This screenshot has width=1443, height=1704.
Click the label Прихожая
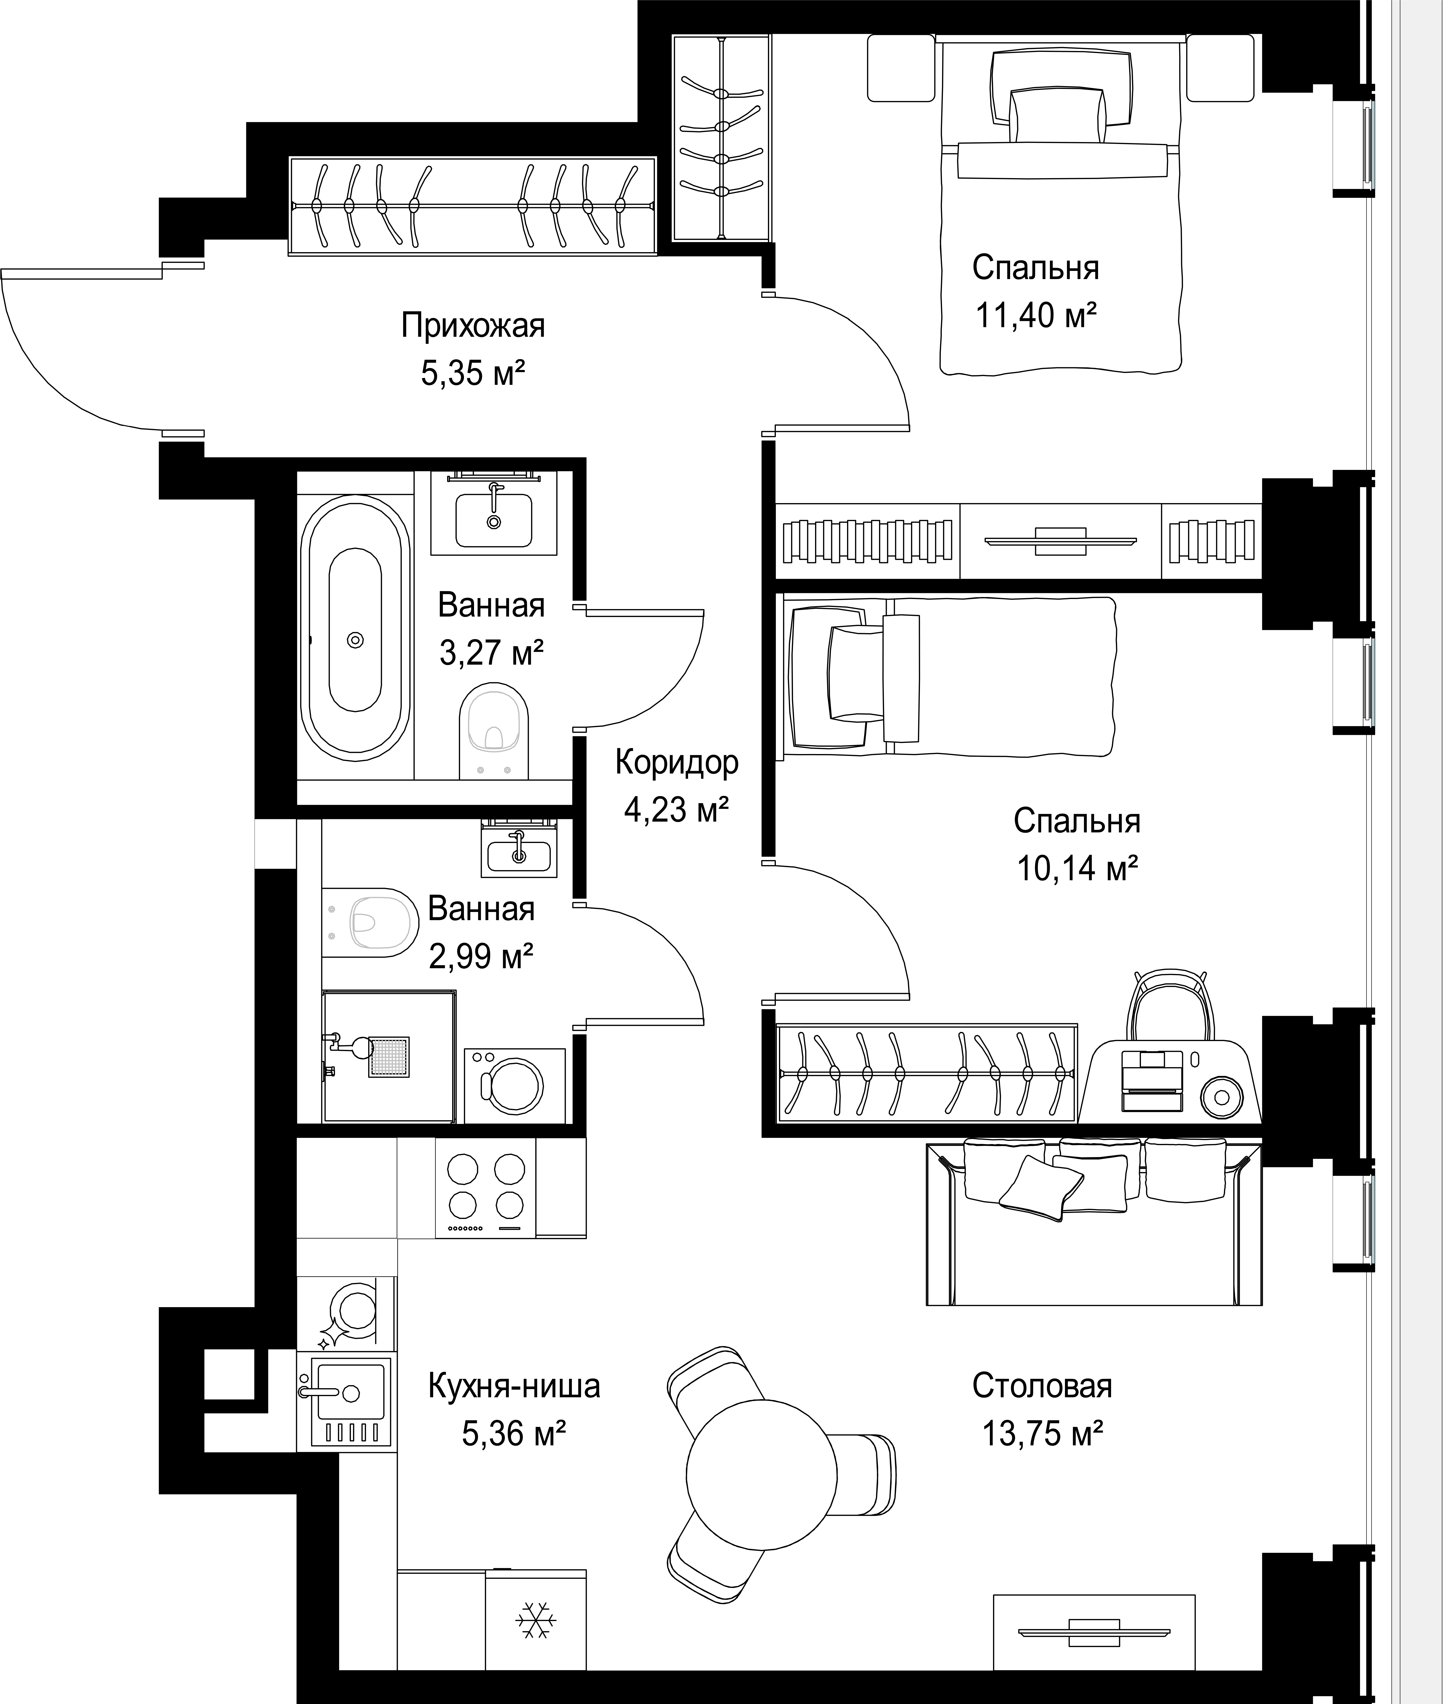tap(473, 325)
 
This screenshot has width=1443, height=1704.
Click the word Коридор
tap(677, 762)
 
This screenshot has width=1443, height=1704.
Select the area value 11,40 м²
tap(1036, 315)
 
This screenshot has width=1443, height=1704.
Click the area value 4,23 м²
tap(677, 810)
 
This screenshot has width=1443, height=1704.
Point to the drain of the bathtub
tap(355, 640)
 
